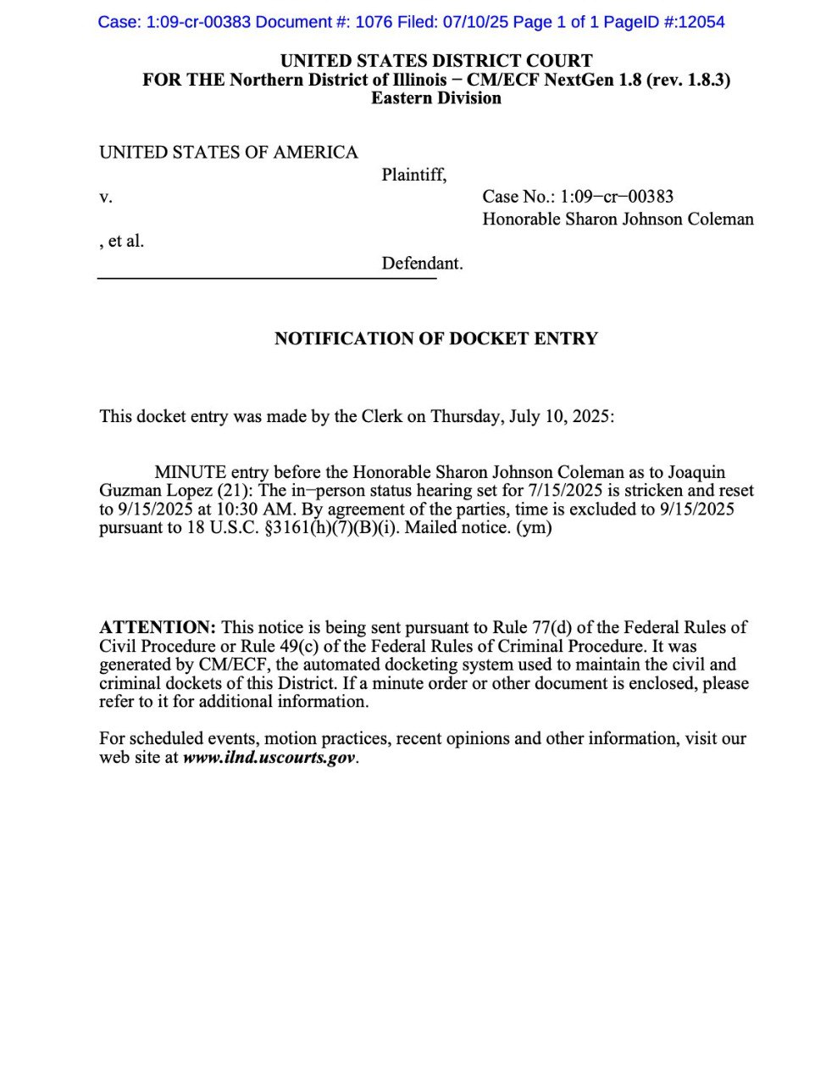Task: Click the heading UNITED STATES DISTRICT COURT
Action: (436, 61)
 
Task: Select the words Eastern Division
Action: (436, 98)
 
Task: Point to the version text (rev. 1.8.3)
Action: (688, 80)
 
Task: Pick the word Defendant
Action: (422, 264)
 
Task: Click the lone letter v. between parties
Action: (106, 198)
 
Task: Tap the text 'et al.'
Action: (126, 242)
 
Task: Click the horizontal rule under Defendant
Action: (267, 278)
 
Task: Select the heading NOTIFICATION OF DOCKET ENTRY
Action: (436, 339)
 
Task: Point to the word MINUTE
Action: (191, 472)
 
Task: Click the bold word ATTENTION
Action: (158, 628)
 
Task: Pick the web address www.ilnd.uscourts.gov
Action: (269, 758)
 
